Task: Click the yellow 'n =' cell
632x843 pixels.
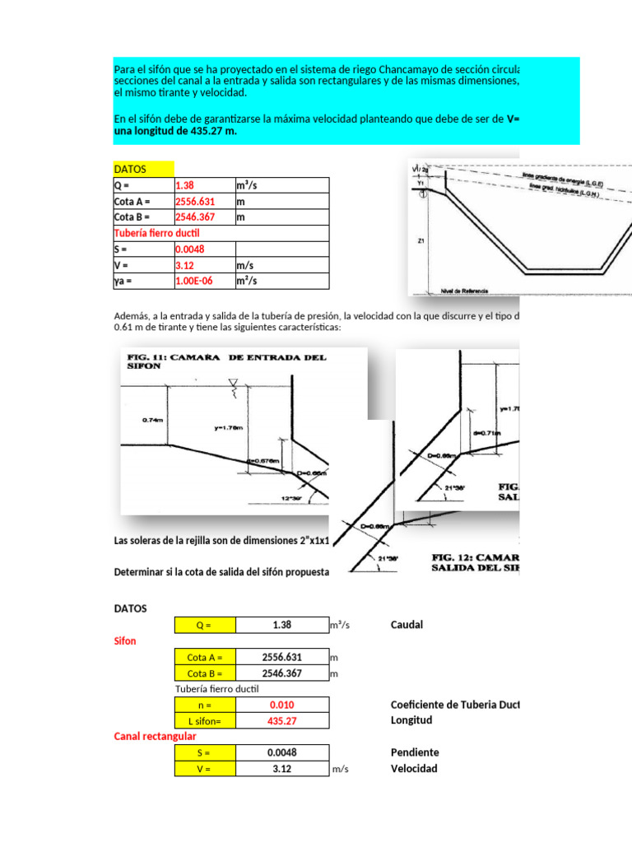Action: (x=205, y=705)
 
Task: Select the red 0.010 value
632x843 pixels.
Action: (x=281, y=705)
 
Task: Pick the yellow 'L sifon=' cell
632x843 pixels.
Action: (x=205, y=720)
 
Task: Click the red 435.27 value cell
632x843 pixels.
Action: (x=281, y=720)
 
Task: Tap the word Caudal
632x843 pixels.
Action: (x=407, y=625)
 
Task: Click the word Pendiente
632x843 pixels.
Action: (x=415, y=752)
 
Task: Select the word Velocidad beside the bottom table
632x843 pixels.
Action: (x=414, y=769)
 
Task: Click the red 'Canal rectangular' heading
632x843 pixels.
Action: (x=155, y=736)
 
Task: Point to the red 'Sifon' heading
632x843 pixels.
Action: (x=125, y=640)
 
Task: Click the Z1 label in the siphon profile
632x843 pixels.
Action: (x=421, y=242)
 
